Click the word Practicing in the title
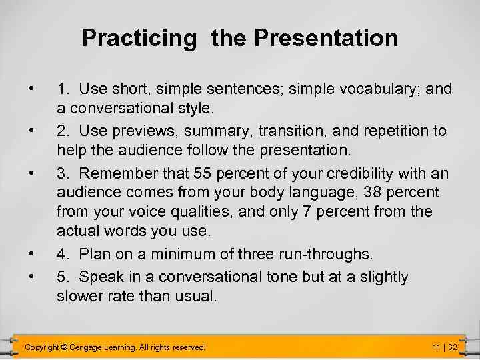139,38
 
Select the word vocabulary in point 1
369,89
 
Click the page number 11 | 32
443,348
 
